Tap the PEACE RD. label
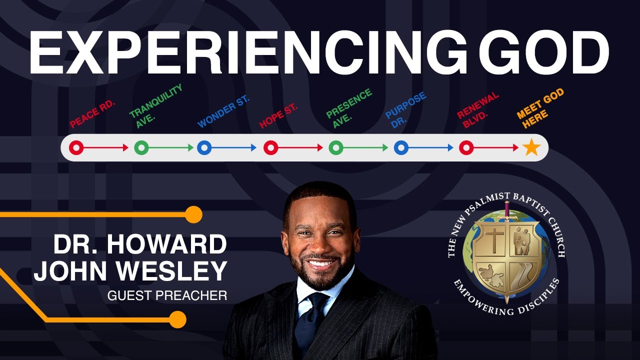(92, 114)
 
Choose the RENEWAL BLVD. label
(477, 109)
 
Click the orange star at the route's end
(531, 148)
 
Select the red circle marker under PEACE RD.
(76, 148)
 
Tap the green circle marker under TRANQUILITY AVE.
(141, 148)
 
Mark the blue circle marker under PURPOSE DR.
(401, 148)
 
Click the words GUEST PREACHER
(167, 295)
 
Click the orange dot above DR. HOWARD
(193, 214)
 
